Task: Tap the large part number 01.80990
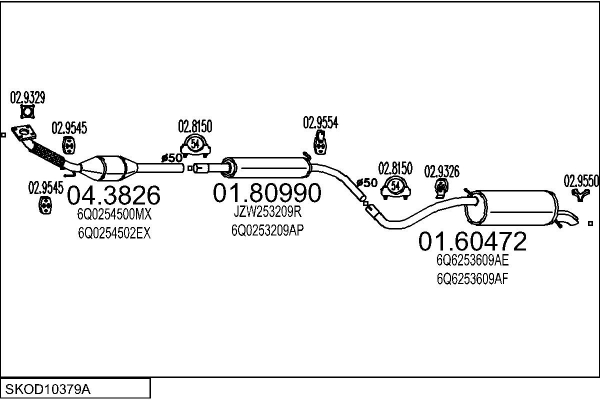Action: click(x=266, y=192)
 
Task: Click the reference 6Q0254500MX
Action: click(x=114, y=214)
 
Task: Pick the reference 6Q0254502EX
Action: click(x=114, y=233)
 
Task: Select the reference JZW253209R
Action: click(x=267, y=211)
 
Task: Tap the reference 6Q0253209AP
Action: click(x=268, y=228)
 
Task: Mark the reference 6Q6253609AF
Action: click(x=471, y=280)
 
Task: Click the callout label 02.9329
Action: click(x=26, y=98)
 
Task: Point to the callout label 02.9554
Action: click(x=320, y=122)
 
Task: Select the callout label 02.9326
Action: click(x=442, y=171)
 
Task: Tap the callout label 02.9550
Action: click(x=581, y=180)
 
